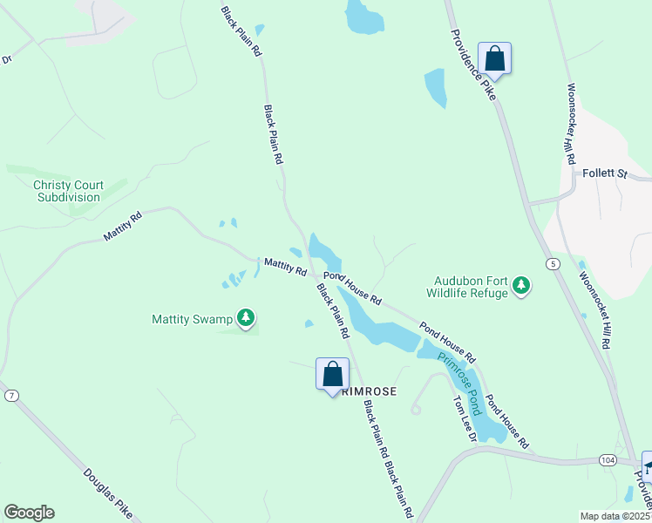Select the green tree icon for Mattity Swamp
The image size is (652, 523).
point(247,318)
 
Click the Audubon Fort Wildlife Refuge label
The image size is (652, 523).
point(470,288)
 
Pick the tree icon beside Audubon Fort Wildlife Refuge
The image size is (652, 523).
point(521,285)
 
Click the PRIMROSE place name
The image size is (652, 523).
point(370,392)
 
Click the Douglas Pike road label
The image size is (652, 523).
point(108,493)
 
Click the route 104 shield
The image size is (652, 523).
point(608,458)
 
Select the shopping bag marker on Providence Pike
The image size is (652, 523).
point(494,59)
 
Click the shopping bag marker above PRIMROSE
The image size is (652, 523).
point(332,375)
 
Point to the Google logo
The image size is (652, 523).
point(29,513)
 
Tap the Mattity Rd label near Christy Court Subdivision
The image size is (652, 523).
point(122,227)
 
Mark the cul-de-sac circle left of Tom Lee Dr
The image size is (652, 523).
point(416,409)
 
